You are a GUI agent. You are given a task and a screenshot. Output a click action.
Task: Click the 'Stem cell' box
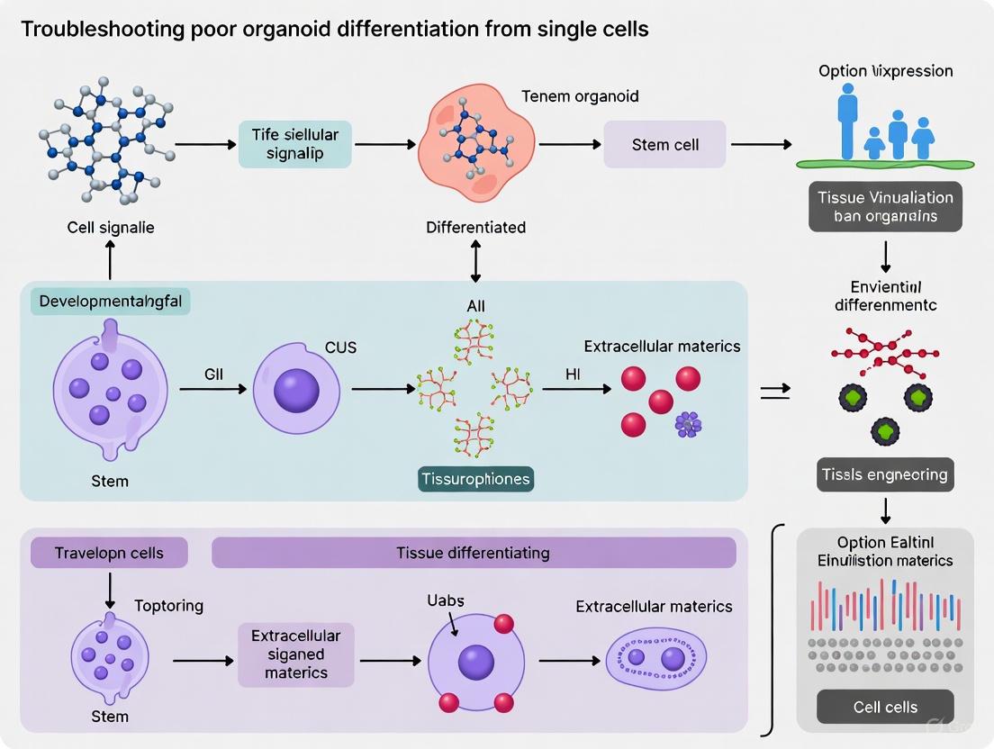coord(664,144)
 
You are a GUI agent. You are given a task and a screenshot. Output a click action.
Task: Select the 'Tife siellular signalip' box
coord(294,144)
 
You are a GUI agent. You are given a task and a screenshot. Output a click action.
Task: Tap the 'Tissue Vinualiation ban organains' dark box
coord(885,207)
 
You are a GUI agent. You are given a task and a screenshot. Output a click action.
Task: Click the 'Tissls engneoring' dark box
coord(885,474)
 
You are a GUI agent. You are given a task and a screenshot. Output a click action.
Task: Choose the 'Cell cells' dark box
coord(885,707)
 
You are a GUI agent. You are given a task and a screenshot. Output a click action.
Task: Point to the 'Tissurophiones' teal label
coord(475,479)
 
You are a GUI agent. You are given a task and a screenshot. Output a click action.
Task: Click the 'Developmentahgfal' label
coord(111,302)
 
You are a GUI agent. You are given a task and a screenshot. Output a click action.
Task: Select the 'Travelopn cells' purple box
coord(109,553)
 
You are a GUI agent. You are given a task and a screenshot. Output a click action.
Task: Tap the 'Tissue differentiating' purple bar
coord(473,553)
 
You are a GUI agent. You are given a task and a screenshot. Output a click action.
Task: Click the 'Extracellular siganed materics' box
coord(295,654)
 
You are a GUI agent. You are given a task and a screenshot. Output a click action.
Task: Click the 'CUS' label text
coord(341,347)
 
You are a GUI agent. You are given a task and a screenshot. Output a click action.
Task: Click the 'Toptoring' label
coord(168,606)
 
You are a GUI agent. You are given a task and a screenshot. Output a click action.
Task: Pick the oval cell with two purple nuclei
coord(654,659)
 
